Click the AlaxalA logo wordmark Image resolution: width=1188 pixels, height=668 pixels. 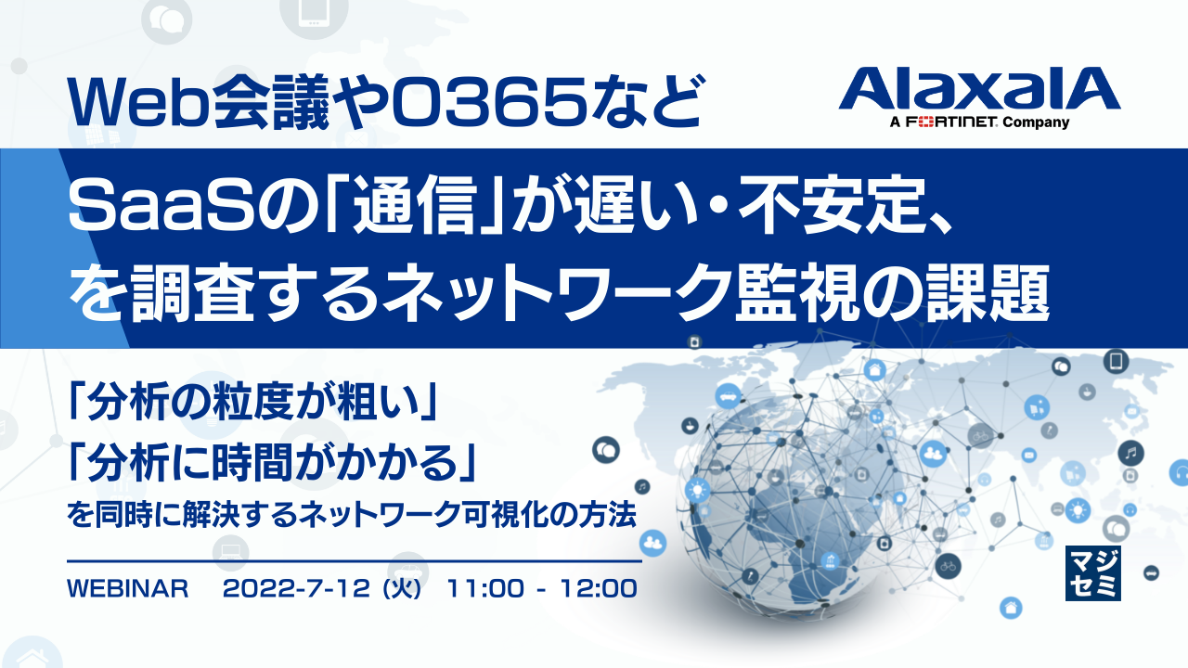click(x=979, y=90)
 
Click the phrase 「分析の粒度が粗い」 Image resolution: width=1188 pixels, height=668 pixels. click(x=252, y=405)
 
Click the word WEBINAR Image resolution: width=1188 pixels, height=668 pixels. click(x=129, y=589)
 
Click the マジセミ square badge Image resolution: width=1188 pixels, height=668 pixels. click(x=1093, y=572)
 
